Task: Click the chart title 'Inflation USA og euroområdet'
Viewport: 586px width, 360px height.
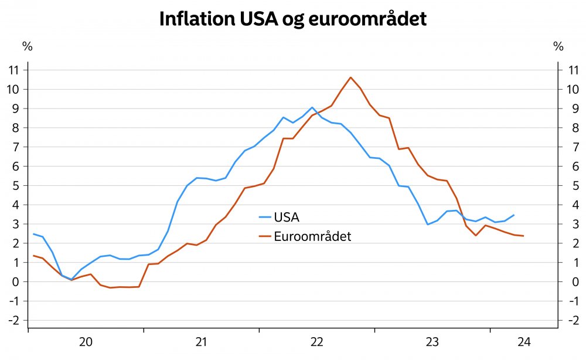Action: (x=293, y=19)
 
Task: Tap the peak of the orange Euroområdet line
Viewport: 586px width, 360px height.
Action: (x=350, y=77)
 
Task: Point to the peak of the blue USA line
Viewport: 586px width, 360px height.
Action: (x=312, y=107)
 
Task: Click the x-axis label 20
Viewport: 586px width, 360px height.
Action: (x=86, y=342)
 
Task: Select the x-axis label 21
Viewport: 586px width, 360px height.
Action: (x=201, y=342)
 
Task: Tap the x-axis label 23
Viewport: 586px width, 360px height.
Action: (x=432, y=342)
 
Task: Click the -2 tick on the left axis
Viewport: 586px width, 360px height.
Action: (x=14, y=320)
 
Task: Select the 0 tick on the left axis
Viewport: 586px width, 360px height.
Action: (x=16, y=281)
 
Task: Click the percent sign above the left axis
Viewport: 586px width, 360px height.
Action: (x=26, y=46)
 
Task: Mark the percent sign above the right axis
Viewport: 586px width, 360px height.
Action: (x=558, y=46)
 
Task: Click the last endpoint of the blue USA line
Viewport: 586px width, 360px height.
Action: (x=514, y=215)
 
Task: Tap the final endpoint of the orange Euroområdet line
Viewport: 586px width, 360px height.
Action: (x=523, y=236)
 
